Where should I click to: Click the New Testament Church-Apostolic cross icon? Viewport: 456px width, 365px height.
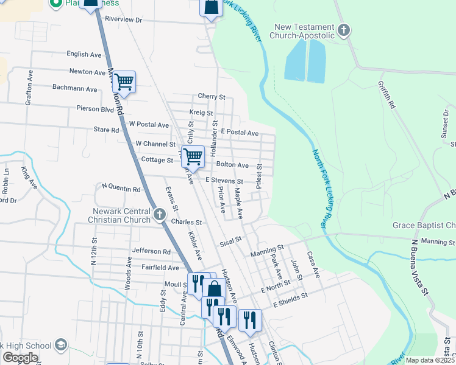tap(344, 29)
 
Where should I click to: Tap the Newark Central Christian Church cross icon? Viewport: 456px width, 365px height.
tap(160, 214)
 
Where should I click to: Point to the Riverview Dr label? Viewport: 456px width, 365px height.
tap(123, 19)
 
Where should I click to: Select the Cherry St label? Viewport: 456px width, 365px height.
tap(212, 97)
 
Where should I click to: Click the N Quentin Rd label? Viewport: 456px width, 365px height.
tap(121, 189)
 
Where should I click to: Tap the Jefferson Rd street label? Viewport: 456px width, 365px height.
tap(151, 251)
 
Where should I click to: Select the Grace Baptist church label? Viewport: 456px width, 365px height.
tap(424, 226)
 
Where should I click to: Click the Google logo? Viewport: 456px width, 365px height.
tap(20, 358)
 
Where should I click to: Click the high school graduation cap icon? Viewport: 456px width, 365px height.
tap(60, 345)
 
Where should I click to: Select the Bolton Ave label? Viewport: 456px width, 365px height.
tap(232, 165)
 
